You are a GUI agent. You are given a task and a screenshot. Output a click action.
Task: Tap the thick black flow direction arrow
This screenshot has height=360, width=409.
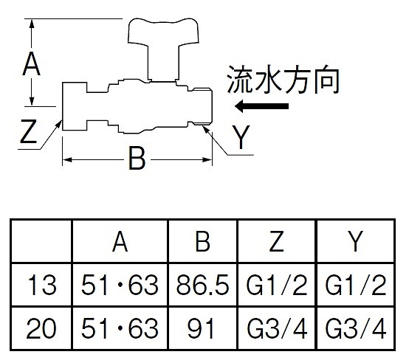(x=261, y=106)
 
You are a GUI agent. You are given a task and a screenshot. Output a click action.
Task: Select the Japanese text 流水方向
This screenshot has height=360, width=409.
(x=283, y=80)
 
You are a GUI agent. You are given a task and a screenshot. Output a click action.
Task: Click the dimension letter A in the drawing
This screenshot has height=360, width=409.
(x=31, y=63)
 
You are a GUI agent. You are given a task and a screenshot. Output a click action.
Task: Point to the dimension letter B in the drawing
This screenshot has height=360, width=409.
(x=137, y=158)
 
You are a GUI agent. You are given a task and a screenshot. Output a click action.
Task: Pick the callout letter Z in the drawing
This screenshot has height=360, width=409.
(x=28, y=131)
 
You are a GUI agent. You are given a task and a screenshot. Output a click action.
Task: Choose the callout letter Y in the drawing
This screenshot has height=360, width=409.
(x=241, y=136)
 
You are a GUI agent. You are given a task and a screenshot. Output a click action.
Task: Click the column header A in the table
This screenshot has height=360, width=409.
(x=120, y=242)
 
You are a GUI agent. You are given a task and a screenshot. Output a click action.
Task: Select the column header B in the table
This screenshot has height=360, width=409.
(x=203, y=242)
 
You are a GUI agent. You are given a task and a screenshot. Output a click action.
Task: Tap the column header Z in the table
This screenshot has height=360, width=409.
(x=277, y=242)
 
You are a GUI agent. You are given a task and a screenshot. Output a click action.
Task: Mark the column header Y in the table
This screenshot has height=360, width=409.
(x=356, y=242)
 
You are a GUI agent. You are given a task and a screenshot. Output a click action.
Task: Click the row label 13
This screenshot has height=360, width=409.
(x=42, y=285)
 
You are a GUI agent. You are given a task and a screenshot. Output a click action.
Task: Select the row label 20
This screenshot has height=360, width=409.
(x=41, y=328)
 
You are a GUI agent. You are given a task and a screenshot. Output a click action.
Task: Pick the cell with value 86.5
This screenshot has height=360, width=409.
(x=203, y=285)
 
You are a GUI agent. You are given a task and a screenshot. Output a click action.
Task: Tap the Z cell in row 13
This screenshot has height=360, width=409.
(x=277, y=285)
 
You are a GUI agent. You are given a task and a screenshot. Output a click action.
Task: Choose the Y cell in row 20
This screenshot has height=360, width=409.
(x=356, y=328)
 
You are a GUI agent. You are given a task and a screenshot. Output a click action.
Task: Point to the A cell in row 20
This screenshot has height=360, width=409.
(x=120, y=328)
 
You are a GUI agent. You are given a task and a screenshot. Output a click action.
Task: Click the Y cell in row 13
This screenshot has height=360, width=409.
(x=356, y=285)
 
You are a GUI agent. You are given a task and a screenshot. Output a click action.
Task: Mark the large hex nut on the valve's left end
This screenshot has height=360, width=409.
(x=75, y=106)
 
